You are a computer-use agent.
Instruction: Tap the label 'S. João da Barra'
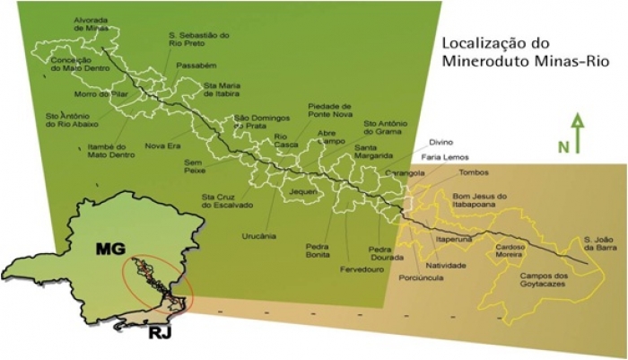[x=597, y=244]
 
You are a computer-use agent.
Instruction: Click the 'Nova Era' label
[x=162, y=145]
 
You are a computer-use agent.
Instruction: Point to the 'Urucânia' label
[x=260, y=236]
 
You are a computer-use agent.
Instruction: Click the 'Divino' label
[x=440, y=141]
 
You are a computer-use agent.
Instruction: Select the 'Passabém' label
[x=196, y=66]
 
